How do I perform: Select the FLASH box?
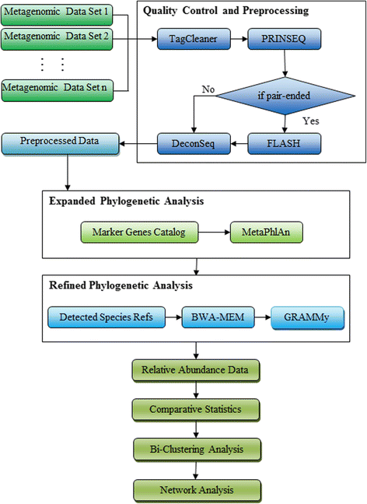280,142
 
